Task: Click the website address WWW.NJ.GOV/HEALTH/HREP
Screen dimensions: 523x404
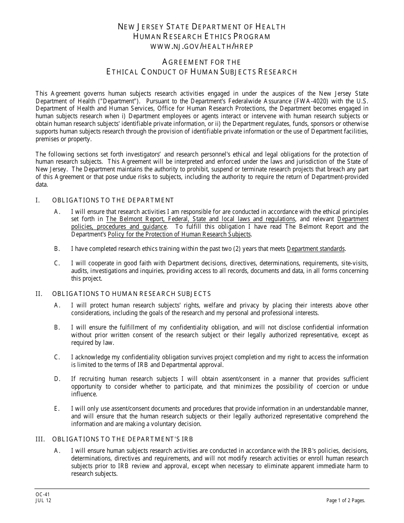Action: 202,46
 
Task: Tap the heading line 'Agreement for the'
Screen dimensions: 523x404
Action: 202,62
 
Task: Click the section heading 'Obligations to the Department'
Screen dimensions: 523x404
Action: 113,200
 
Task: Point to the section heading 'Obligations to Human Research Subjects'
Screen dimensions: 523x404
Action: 131,294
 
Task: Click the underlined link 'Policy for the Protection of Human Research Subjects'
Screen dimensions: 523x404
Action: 179,234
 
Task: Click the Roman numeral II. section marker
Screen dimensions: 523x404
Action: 39,294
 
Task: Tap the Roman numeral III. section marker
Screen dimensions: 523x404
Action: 40,439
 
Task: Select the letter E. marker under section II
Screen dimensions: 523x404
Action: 57,409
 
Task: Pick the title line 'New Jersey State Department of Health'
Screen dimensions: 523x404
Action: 202,27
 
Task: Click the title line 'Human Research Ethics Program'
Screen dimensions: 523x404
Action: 202,37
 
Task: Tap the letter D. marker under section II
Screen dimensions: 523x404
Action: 57,379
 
